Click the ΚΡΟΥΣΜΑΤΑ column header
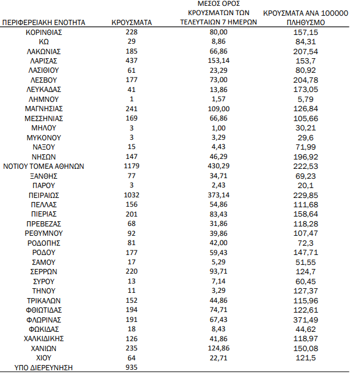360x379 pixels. [131, 22]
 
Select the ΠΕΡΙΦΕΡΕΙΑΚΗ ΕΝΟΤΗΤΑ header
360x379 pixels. [44, 22]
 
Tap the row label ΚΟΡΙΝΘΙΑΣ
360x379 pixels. [44, 32]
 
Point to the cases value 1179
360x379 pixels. [131, 166]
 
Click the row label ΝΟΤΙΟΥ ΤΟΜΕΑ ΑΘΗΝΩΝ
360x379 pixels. [44, 166]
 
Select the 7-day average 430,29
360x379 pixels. [218, 166]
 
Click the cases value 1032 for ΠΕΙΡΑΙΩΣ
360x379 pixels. [131, 195]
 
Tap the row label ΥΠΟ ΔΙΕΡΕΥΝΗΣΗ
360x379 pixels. [44, 368]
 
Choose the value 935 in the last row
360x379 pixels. [131, 368]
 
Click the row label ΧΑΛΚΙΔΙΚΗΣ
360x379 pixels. [44, 339]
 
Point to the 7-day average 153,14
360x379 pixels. [218, 61]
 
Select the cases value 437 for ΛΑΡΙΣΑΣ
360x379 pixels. [131, 61]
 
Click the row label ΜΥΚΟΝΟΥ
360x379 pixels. [44, 137]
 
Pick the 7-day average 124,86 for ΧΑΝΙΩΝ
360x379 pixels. [218, 348]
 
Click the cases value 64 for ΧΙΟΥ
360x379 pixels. [131, 358]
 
